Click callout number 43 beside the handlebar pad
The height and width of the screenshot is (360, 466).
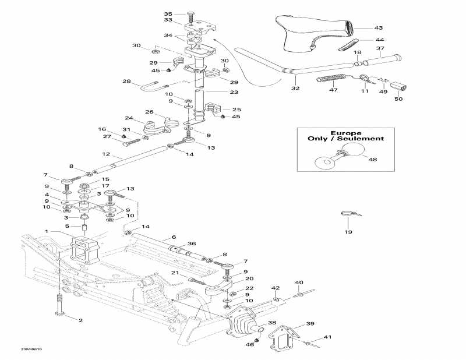coord(379,28)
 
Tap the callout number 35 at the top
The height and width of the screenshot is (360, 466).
coord(168,14)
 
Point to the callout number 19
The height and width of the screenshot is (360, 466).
coord(348,232)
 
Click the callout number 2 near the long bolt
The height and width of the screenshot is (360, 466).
coord(81,320)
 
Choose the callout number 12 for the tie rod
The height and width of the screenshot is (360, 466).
coord(105,154)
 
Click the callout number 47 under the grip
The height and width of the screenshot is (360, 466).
coord(333,91)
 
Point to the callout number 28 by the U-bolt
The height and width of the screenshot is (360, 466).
coord(127,82)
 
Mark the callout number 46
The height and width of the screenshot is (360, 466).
coord(249,345)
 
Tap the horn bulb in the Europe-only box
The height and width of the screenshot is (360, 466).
coord(322,162)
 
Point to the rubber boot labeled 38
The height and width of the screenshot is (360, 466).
coord(242,323)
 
